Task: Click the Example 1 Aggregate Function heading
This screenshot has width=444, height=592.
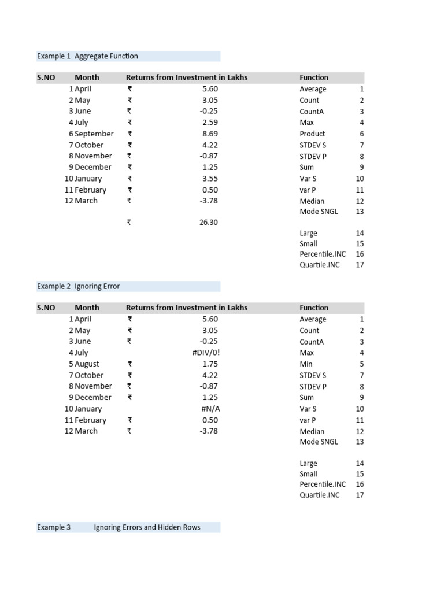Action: click(87, 56)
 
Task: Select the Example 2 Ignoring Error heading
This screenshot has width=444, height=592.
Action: click(78, 286)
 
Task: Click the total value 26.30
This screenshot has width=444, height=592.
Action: click(208, 223)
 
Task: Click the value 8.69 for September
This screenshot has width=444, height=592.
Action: click(210, 134)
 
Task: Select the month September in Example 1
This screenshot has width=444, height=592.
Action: click(94, 134)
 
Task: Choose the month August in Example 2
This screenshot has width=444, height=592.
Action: click(87, 364)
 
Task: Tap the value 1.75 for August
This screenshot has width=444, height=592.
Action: click(210, 364)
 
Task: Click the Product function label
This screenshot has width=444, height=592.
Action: click(312, 134)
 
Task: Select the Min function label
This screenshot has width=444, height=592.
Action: click(306, 364)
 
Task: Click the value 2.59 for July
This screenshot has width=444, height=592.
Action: click(210, 123)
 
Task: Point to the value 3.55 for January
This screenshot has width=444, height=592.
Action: click(210, 179)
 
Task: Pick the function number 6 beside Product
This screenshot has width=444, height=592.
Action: click(362, 134)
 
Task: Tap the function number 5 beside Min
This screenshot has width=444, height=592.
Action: click(362, 364)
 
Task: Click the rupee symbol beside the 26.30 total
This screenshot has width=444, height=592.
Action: click(129, 223)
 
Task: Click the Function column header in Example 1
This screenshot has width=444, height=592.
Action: click(314, 77)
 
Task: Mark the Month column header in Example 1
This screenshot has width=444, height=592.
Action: click(87, 77)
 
